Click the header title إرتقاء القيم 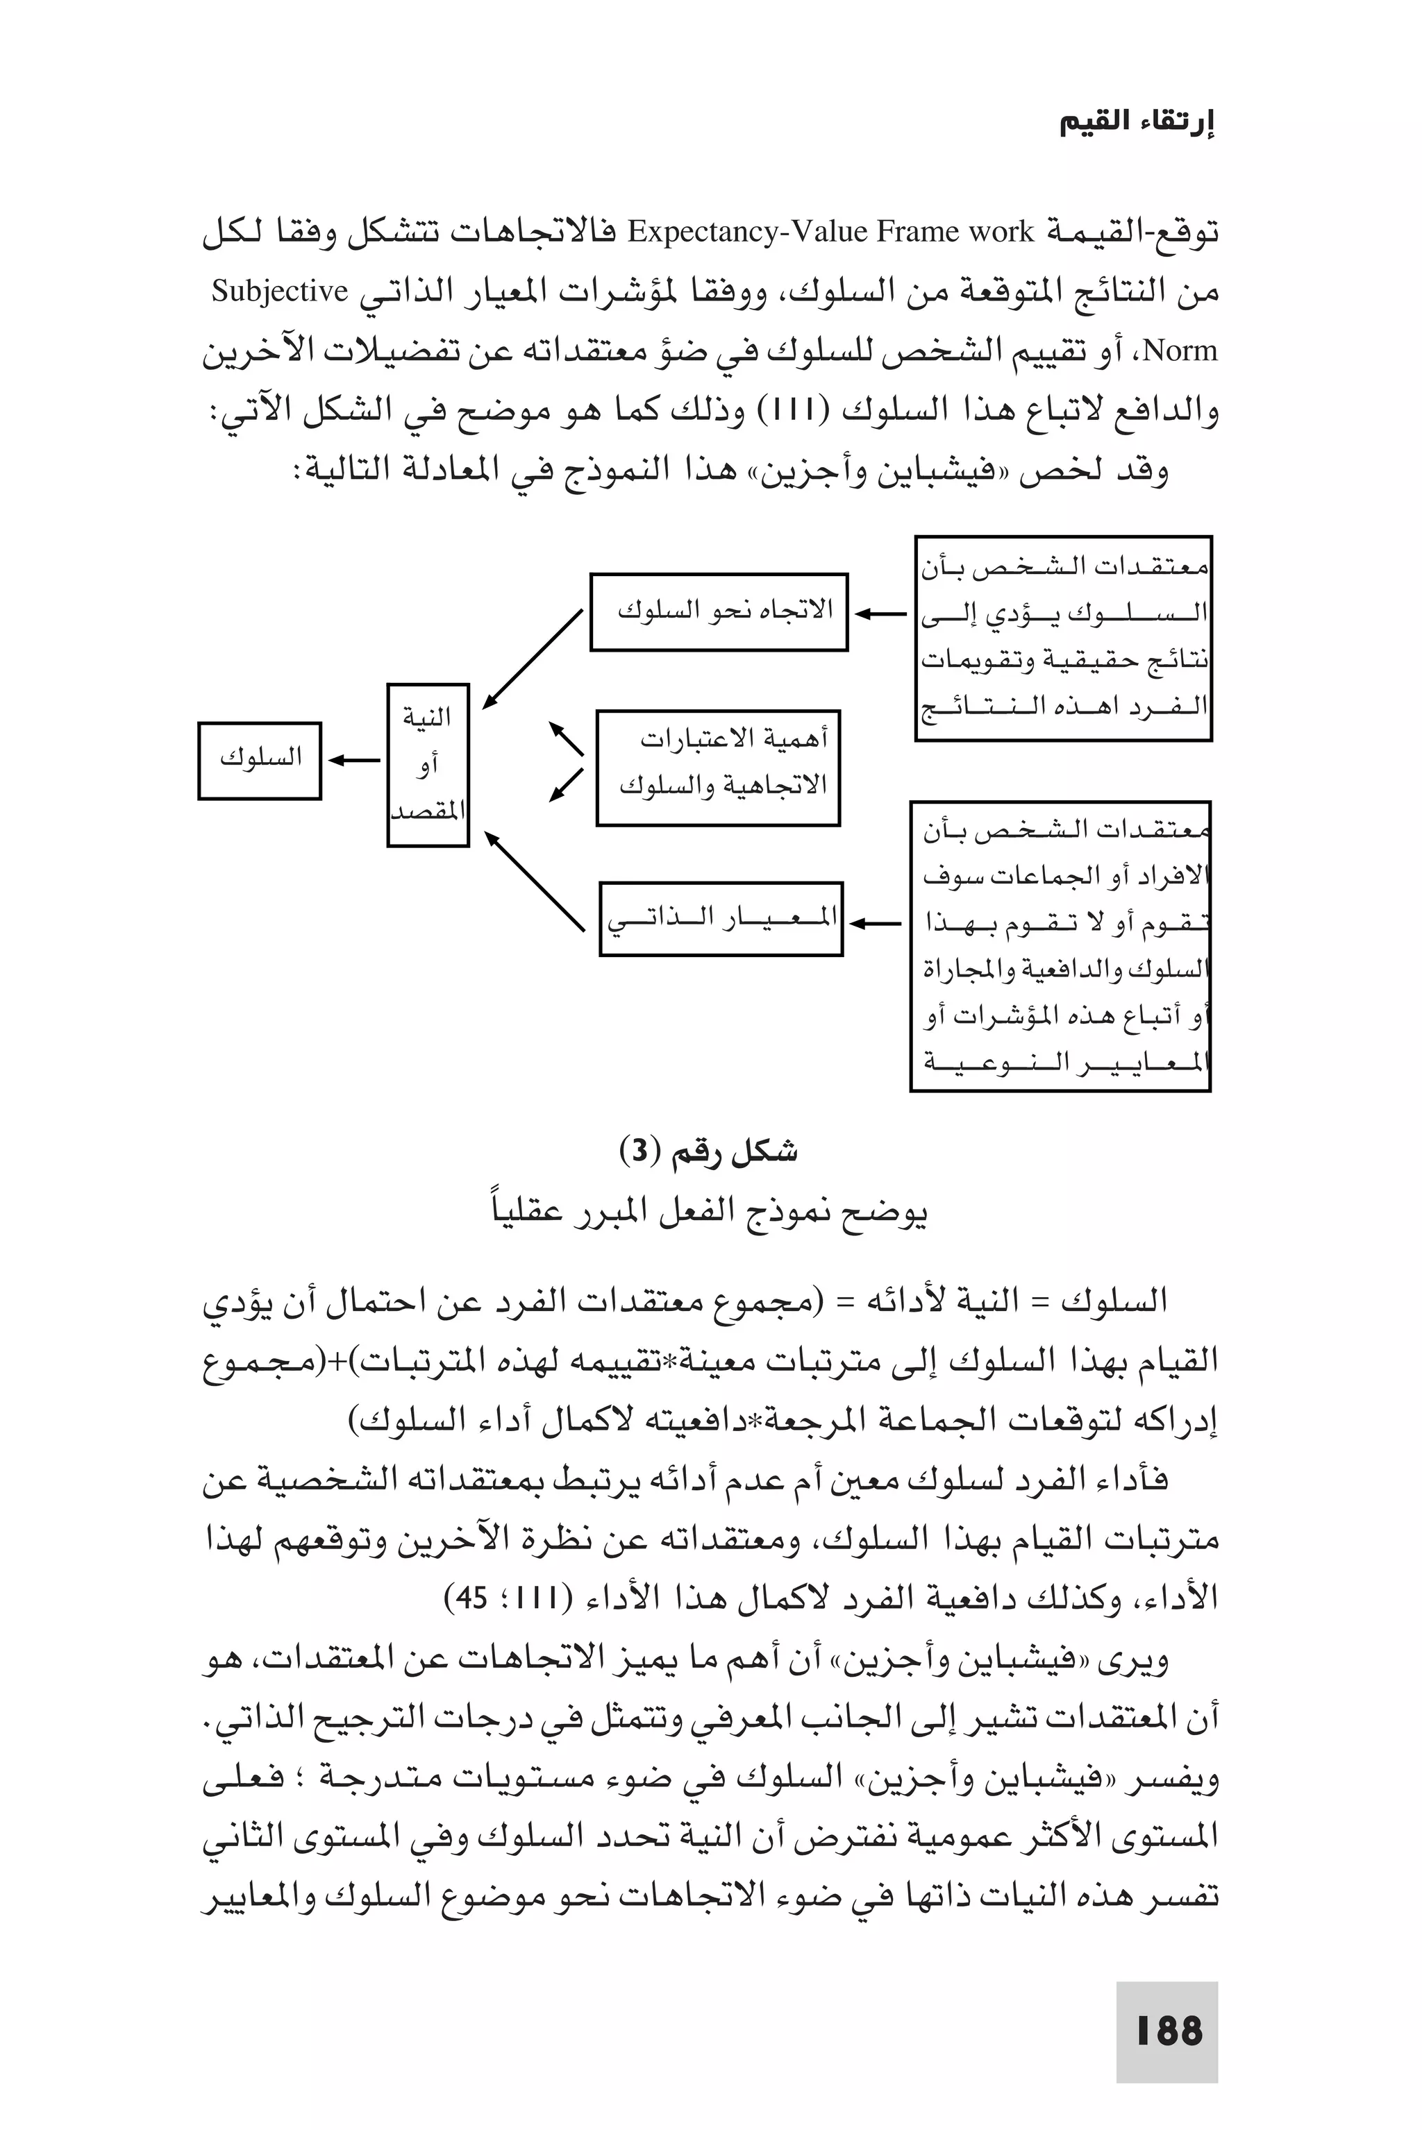[1137, 122]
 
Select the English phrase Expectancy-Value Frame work [830, 233]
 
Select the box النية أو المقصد [427, 764]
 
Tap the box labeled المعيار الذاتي [721, 918]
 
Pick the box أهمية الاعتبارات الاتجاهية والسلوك [717, 767]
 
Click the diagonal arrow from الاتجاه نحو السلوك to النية [533, 659]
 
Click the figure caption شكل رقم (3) [708, 1152]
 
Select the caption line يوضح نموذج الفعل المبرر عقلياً [708, 1211]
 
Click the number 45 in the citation [472, 1598]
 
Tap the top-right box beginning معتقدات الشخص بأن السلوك [1063, 637]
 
